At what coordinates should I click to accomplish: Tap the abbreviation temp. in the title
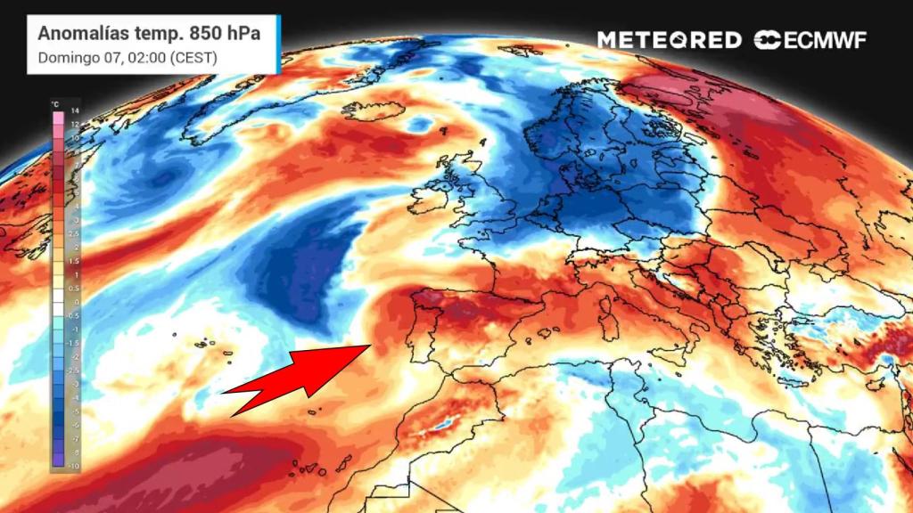pyautogui.click(x=160, y=33)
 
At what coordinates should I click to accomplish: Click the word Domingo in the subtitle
pyautogui.click(x=62, y=58)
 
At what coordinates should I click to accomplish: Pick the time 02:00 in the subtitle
pyautogui.click(x=136, y=58)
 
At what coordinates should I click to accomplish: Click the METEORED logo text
pyautogui.click(x=669, y=40)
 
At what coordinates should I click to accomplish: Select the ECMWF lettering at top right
pyautogui.click(x=826, y=40)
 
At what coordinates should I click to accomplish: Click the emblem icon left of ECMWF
pyautogui.click(x=768, y=40)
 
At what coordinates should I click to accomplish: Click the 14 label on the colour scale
pyautogui.click(x=76, y=110)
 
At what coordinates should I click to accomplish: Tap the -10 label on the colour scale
pyautogui.click(x=76, y=466)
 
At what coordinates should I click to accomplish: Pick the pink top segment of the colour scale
pyautogui.click(x=58, y=117)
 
